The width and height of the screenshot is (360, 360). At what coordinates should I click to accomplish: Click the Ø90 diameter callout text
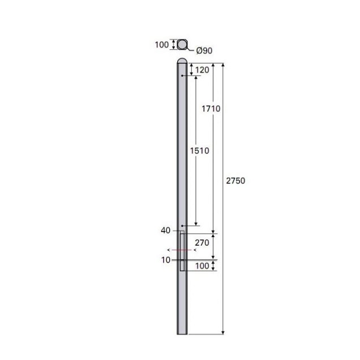pos(204,51)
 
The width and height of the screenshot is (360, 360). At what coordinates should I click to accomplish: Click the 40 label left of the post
pos(165,231)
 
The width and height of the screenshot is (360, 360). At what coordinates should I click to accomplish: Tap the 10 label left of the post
pos(165,260)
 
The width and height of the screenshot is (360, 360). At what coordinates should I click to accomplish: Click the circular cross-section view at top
pos(182,45)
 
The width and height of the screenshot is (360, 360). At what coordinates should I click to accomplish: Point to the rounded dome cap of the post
pos(182,60)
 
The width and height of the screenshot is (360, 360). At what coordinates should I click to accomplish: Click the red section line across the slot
pos(181,250)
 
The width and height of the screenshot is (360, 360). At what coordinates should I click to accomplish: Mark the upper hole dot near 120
pos(181,76)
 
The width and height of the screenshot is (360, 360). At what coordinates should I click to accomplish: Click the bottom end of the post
pos(182,333)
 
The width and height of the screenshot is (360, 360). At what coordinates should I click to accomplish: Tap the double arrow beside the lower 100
pos(213,266)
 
